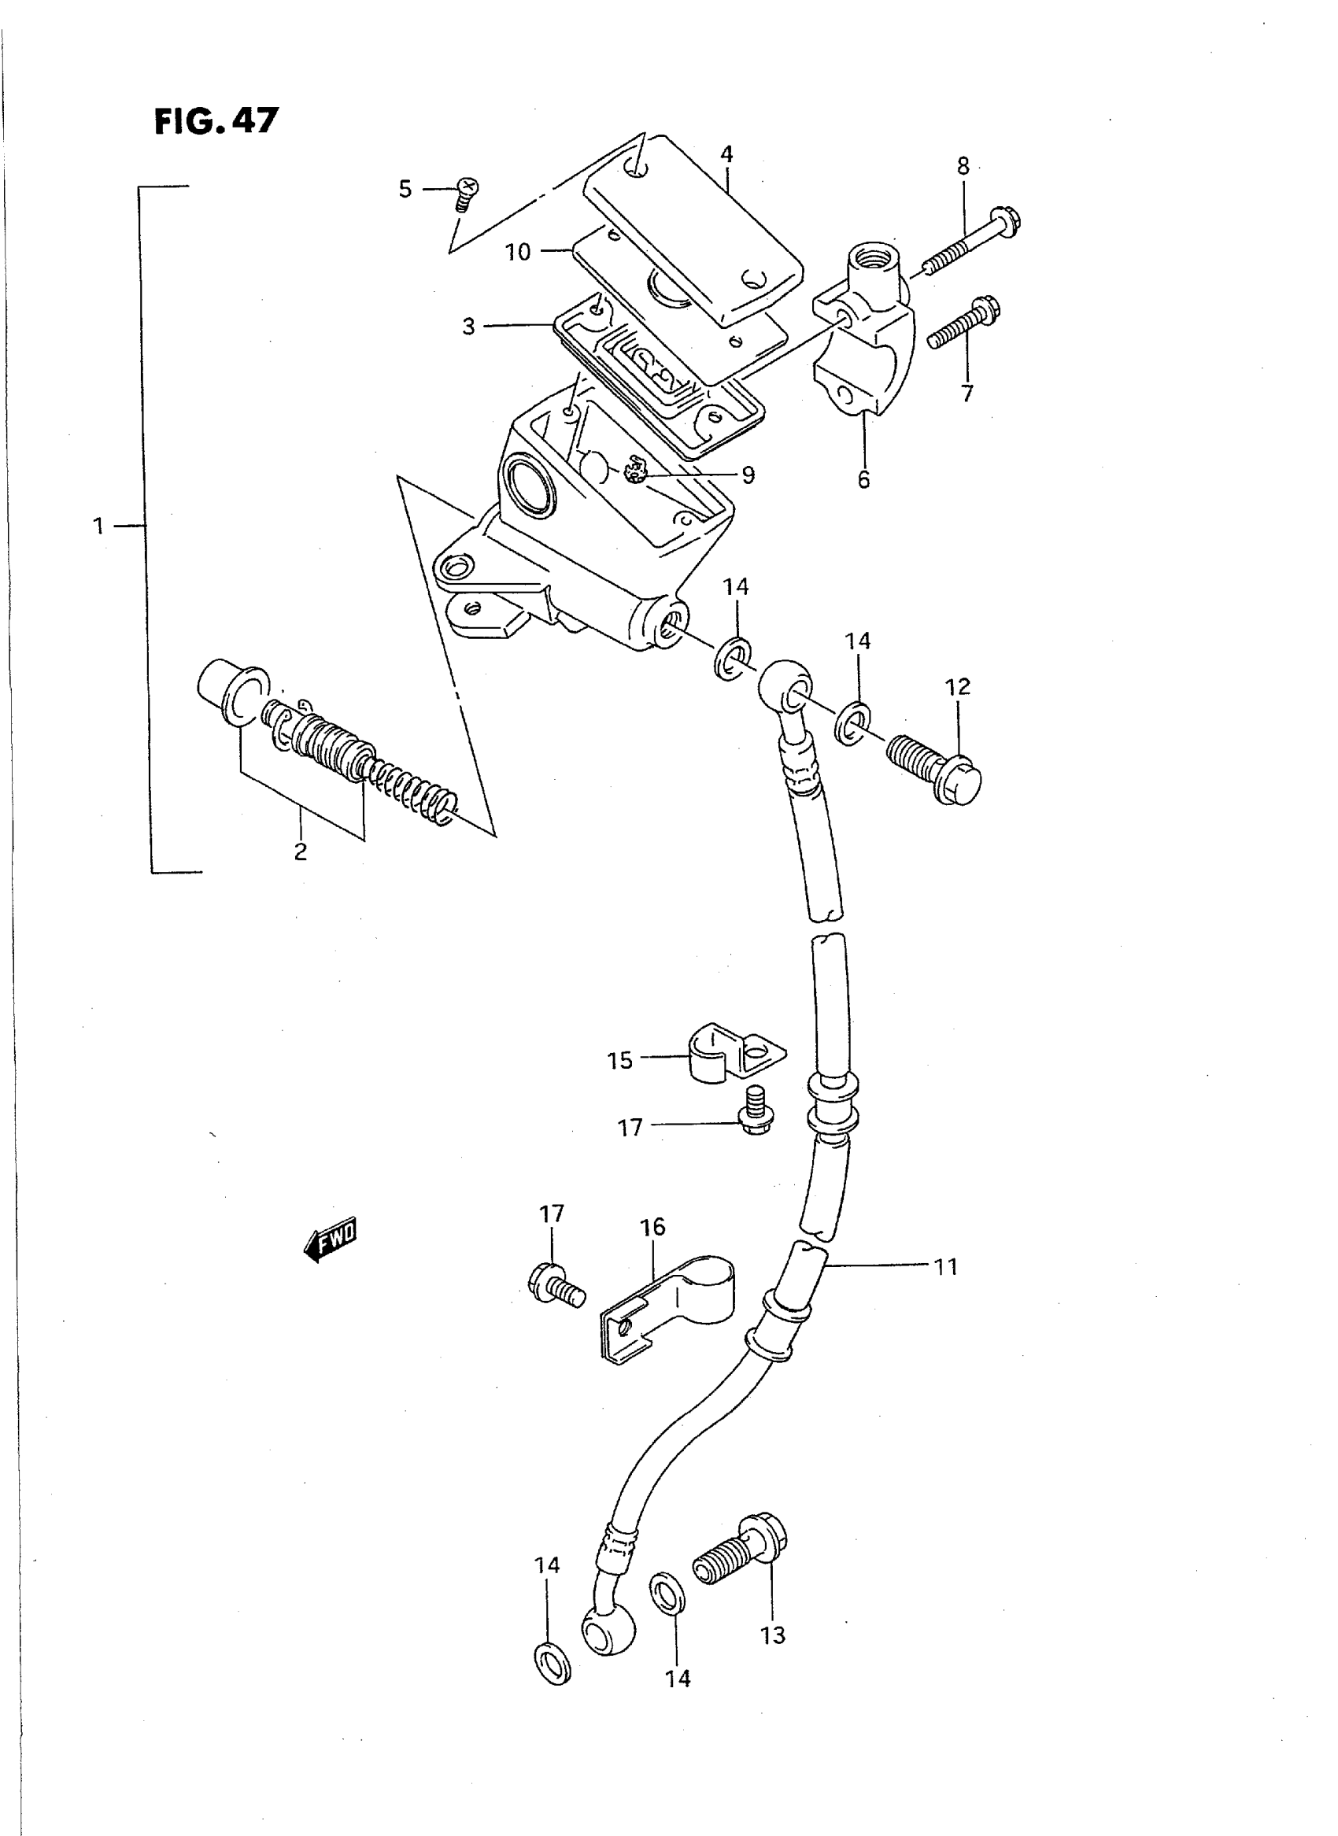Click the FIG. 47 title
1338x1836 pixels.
[x=216, y=121]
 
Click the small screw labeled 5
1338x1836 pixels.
[x=465, y=194]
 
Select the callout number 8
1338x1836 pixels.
[x=963, y=166]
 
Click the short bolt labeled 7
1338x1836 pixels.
[x=963, y=323]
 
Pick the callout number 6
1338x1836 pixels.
[x=863, y=479]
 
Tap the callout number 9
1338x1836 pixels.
[x=748, y=475]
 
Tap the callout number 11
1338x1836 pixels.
[x=946, y=1268]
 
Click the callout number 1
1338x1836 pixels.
[x=99, y=526]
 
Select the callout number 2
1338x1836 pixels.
[x=301, y=852]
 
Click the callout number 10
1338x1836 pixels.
[x=519, y=252]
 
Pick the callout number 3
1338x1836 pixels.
[x=468, y=327]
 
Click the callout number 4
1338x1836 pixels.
[x=726, y=154]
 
